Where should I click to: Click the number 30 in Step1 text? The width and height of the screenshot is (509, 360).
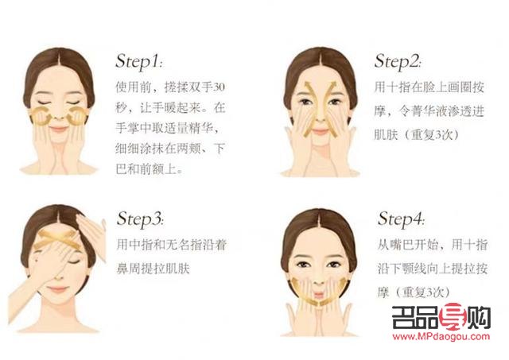pos(224,85)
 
